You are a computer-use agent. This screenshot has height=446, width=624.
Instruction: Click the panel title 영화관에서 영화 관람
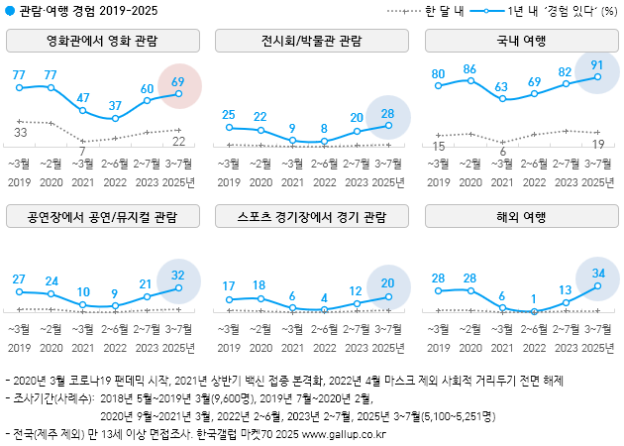point(102,42)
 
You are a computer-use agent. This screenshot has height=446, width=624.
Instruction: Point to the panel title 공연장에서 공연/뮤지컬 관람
point(102,216)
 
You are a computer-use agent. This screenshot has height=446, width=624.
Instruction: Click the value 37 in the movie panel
point(117,105)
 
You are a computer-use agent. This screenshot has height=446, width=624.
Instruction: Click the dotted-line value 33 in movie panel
point(20,132)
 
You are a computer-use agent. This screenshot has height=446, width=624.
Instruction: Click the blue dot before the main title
point(10,11)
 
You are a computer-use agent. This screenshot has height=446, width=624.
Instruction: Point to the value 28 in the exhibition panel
point(388,112)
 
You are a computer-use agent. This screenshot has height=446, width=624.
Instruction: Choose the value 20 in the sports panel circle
point(388,282)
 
